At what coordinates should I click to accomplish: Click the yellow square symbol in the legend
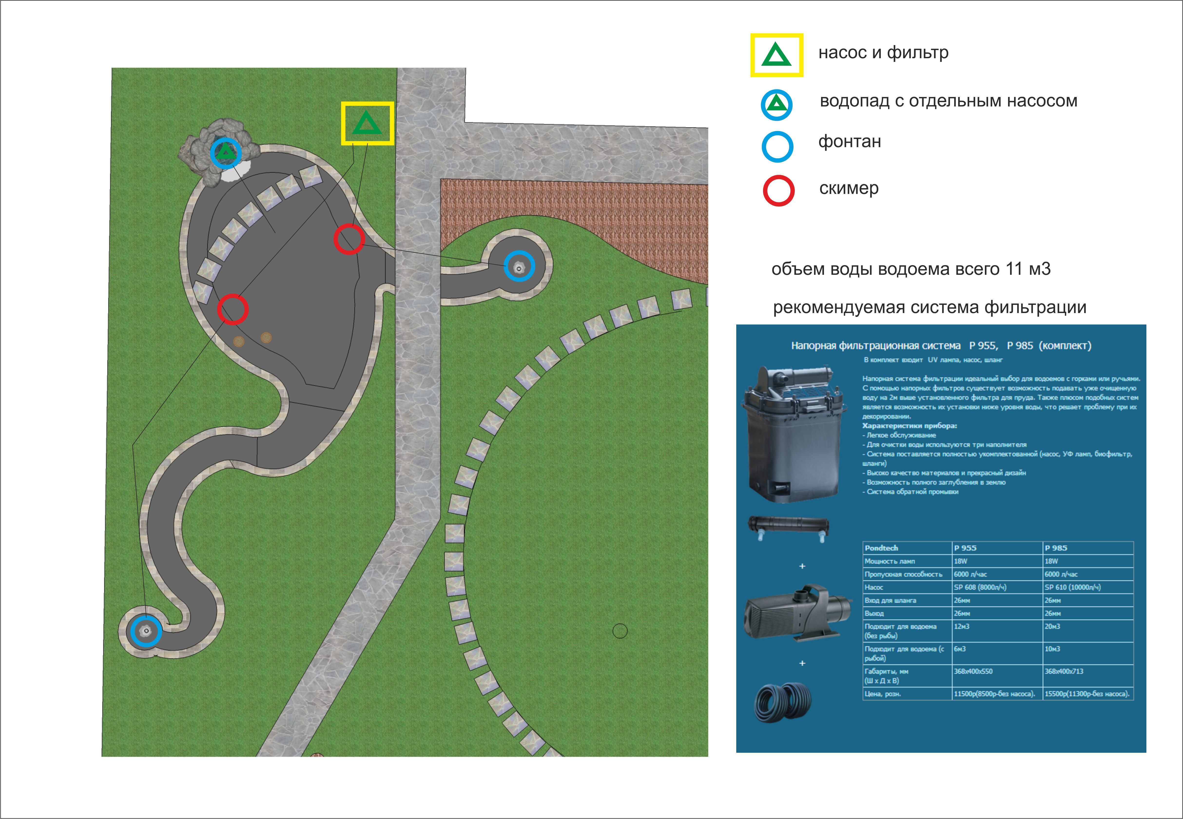(x=776, y=56)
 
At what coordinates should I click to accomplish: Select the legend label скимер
(x=849, y=188)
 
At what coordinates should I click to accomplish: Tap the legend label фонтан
(x=849, y=142)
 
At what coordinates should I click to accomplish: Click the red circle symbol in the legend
(x=779, y=191)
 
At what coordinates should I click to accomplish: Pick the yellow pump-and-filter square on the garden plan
(x=368, y=123)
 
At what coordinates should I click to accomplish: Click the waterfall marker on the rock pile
(x=225, y=152)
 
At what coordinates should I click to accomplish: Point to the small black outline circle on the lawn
(x=620, y=631)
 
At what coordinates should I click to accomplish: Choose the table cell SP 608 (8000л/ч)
(x=980, y=587)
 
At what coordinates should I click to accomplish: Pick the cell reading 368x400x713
(x=1064, y=671)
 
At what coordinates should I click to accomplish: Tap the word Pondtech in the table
(x=881, y=548)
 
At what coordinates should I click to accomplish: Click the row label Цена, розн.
(x=883, y=694)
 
